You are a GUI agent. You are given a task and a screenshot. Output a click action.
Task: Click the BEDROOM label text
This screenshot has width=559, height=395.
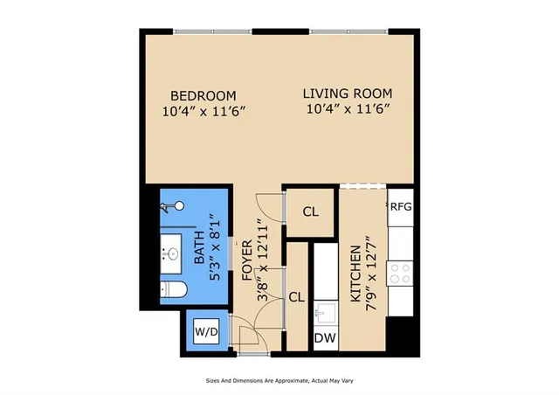point(203,94)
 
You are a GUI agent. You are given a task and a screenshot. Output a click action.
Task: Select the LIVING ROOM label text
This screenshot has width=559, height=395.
point(348,94)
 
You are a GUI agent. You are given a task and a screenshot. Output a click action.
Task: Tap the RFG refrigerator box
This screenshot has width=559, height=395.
point(401,207)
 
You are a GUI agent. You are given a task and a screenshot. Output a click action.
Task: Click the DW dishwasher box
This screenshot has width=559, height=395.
point(326,338)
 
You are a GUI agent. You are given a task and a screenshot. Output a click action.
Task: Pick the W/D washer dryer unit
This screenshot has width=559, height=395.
point(206,332)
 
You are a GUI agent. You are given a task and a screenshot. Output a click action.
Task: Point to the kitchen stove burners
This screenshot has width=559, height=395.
point(401,274)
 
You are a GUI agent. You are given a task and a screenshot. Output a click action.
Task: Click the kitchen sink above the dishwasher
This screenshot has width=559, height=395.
point(326,311)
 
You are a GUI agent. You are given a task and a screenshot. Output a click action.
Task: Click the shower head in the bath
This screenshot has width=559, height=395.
point(177,207)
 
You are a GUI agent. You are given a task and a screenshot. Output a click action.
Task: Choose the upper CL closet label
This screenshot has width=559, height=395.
point(310,212)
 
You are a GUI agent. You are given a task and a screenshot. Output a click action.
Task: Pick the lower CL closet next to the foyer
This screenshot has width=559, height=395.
point(297,296)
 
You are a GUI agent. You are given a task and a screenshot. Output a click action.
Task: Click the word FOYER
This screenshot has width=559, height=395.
point(246,260)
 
